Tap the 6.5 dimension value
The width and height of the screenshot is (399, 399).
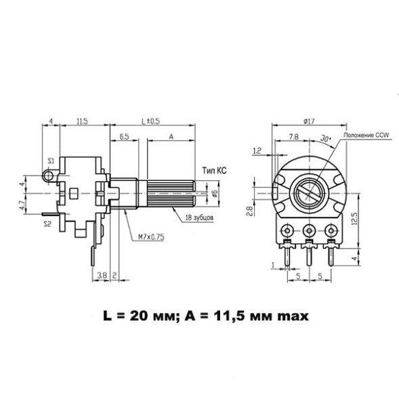pyautogui.click(x=125, y=136)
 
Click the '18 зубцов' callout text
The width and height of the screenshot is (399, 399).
pyautogui.click(x=200, y=218)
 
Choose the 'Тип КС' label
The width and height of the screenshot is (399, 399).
pyautogui.click(x=213, y=170)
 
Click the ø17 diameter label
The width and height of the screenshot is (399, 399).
pyautogui.click(x=309, y=121)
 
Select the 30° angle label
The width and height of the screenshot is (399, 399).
pyautogui.click(x=326, y=138)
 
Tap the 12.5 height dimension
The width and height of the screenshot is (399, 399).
pyautogui.click(x=354, y=220)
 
